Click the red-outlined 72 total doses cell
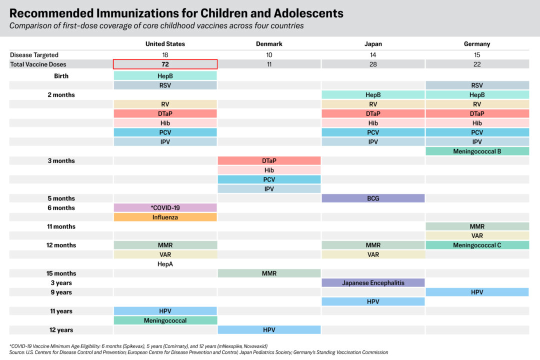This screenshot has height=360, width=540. [x=165, y=64]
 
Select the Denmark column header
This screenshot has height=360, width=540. [x=269, y=44]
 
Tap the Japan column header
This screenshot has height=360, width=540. [x=373, y=44]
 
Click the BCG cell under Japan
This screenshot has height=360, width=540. [x=373, y=198]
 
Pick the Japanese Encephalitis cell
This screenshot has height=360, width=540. [x=373, y=283]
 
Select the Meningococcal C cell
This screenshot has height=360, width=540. [x=477, y=245]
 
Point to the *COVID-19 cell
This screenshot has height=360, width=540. [x=165, y=207]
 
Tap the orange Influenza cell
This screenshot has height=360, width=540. [x=165, y=217]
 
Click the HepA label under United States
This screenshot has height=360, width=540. [x=165, y=264]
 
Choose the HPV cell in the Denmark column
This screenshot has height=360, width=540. [x=269, y=330]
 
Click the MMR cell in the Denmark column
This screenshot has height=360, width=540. [x=269, y=273]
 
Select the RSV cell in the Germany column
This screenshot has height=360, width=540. [x=477, y=85]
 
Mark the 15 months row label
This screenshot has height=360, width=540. [x=61, y=273]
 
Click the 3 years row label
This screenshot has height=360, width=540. [x=61, y=283]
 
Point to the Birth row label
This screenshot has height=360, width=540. [x=61, y=76]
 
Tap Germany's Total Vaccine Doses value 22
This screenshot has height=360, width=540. [x=477, y=64]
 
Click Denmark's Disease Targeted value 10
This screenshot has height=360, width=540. [x=269, y=54]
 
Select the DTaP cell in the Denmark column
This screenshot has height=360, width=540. [x=269, y=161]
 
